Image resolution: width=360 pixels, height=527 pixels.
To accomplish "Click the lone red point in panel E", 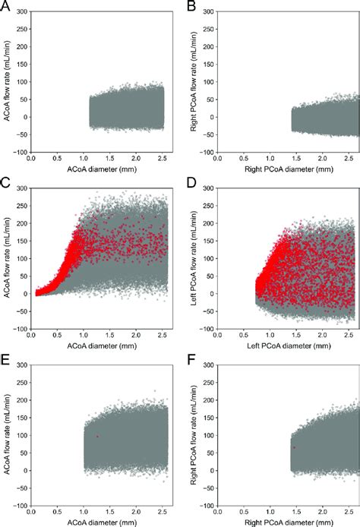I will pos(97,437).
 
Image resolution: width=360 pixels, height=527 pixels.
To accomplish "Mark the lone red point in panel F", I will pos(294,447).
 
